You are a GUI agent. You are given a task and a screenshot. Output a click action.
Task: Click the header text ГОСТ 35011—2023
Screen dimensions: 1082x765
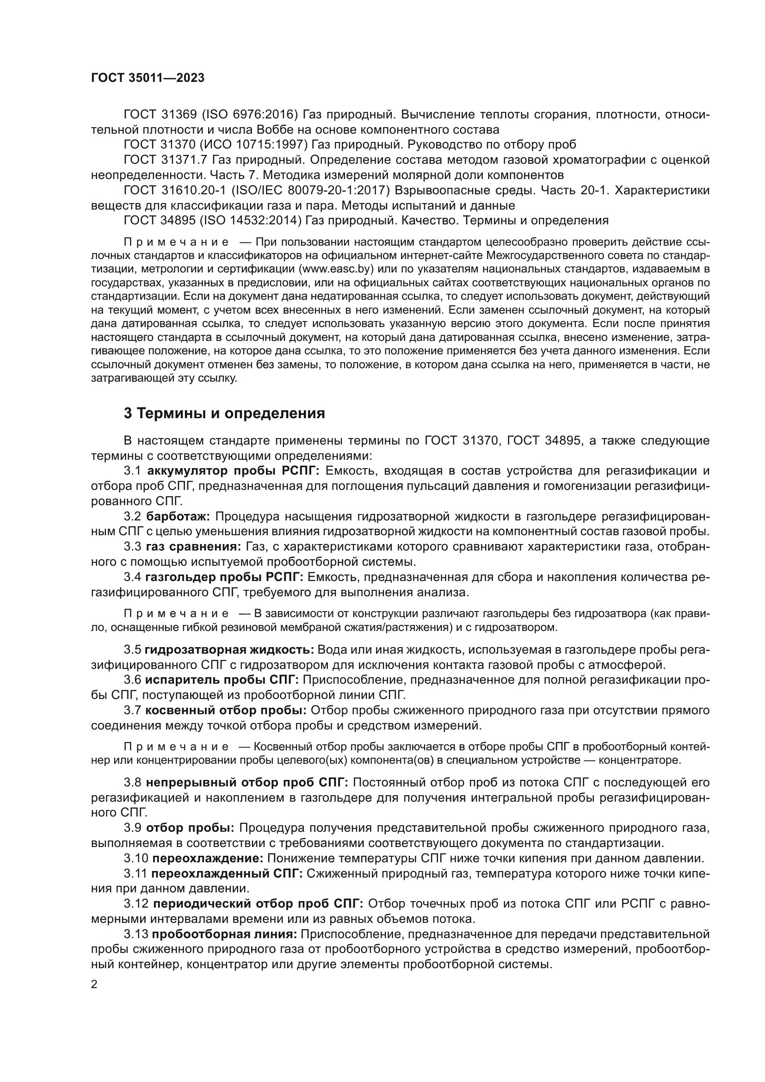pos(148,78)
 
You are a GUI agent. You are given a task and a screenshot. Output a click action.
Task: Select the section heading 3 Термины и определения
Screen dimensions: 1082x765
pos(224,413)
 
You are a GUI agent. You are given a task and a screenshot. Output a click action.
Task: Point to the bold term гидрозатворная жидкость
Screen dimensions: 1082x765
pos(229,650)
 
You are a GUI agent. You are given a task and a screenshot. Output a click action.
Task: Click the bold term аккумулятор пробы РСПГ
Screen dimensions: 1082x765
pos(233,471)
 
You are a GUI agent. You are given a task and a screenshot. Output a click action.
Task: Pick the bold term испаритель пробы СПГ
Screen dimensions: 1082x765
pos(222,680)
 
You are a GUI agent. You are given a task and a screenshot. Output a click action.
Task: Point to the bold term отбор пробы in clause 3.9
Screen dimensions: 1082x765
pos(190,828)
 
